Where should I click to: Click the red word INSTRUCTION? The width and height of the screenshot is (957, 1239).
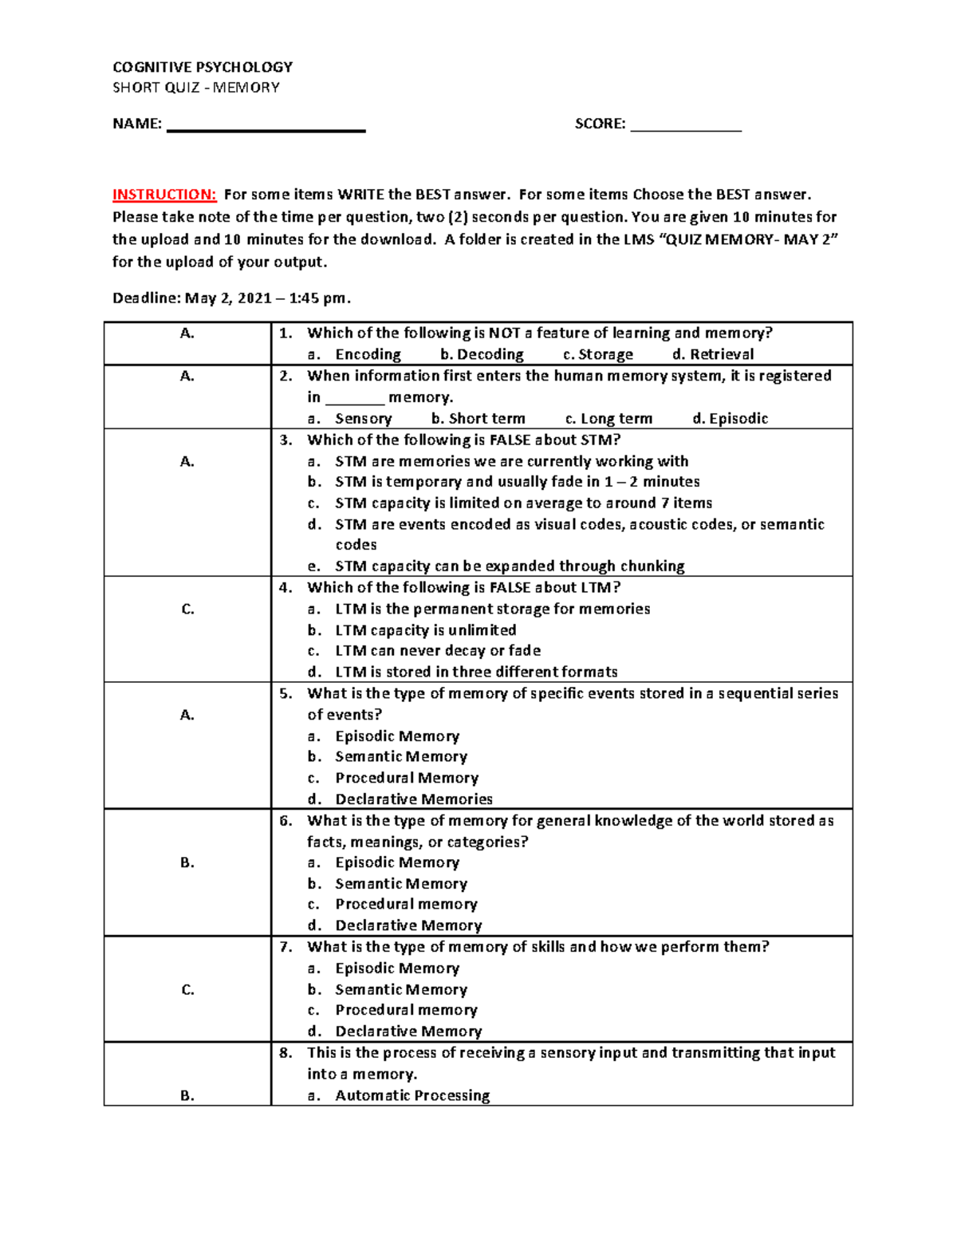[x=163, y=195]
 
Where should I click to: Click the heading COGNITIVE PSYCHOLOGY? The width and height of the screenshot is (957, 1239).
[x=203, y=67]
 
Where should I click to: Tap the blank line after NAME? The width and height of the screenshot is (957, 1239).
[x=266, y=128]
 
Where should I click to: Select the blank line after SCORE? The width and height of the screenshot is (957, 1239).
[x=686, y=128]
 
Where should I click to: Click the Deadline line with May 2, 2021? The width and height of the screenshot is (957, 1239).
[x=231, y=298]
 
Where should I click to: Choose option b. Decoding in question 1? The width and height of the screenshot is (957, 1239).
[x=482, y=354]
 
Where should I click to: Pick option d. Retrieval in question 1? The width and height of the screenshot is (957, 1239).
[x=713, y=354]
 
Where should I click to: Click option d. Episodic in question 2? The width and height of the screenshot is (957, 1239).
[x=731, y=419]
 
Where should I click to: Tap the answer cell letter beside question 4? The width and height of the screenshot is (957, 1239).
[x=187, y=610]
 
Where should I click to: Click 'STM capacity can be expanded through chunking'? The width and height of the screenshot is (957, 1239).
[x=510, y=566]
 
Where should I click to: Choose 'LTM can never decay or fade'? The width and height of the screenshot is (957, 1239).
[x=438, y=651]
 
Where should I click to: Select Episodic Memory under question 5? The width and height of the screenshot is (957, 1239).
[x=397, y=736]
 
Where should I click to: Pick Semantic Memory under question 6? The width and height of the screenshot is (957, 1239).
[x=401, y=884]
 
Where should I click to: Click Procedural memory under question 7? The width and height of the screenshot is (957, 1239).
[x=406, y=1010]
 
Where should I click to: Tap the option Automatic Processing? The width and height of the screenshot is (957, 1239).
[x=412, y=1095]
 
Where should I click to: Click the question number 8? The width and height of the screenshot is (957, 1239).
[x=286, y=1053]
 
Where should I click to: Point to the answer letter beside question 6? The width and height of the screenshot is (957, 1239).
[x=187, y=862]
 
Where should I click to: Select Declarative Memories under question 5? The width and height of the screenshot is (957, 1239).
[x=414, y=799]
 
